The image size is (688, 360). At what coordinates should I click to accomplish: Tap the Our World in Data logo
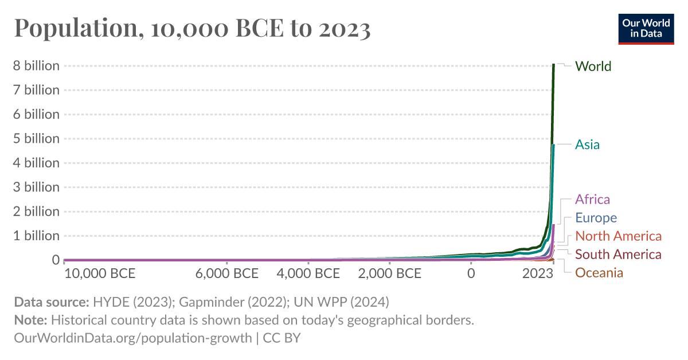click(646, 28)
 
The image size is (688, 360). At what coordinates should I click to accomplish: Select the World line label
click(593, 66)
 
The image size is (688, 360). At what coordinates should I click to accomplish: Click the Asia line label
click(587, 144)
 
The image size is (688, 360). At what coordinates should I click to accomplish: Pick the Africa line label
click(592, 199)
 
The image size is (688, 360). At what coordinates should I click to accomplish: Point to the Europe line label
click(596, 218)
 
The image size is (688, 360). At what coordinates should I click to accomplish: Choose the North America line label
click(618, 236)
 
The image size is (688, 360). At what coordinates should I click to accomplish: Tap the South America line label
click(618, 255)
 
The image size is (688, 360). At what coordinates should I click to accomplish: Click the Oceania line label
click(599, 273)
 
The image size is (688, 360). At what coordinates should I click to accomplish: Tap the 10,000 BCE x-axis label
click(100, 273)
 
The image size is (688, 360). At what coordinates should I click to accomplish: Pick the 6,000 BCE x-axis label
click(227, 273)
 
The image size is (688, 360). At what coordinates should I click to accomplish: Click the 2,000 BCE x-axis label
click(390, 273)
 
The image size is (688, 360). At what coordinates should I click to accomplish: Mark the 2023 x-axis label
click(537, 273)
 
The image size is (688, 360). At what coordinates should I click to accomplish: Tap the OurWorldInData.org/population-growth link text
click(132, 338)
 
